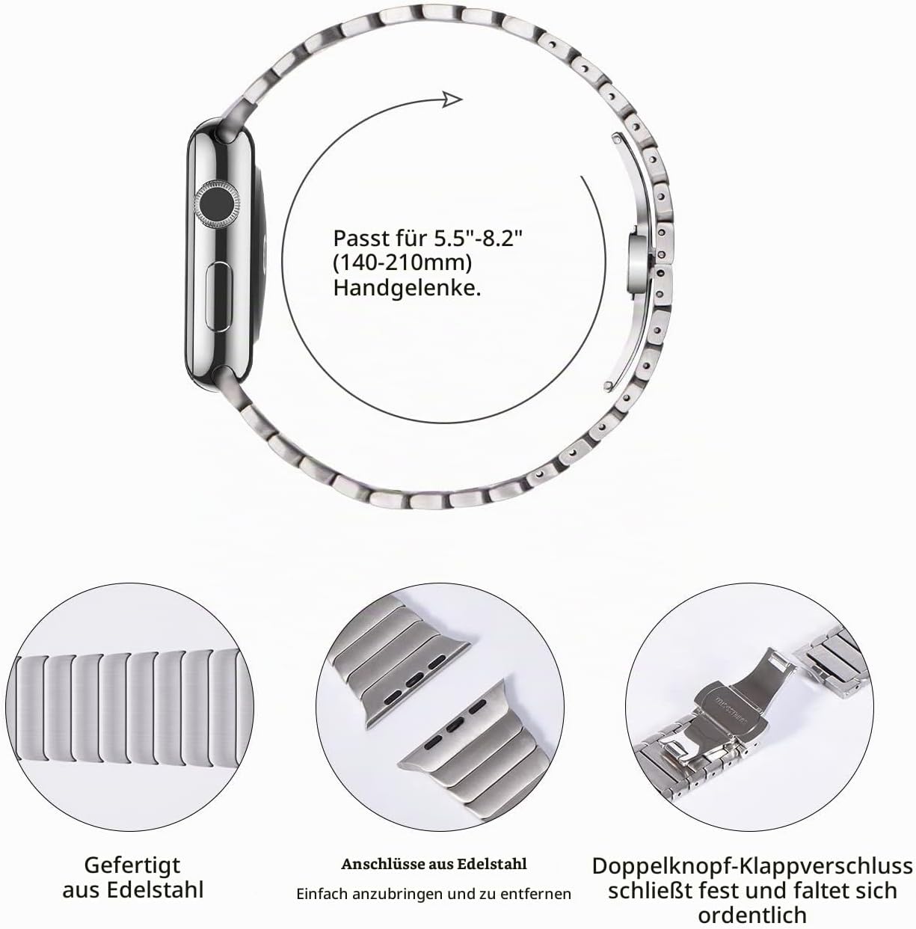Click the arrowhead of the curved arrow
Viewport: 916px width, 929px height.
tap(452, 99)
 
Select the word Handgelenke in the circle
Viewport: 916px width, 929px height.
tap(406, 289)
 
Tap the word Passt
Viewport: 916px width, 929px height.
tap(366, 238)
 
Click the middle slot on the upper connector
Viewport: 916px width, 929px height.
tap(413, 681)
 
